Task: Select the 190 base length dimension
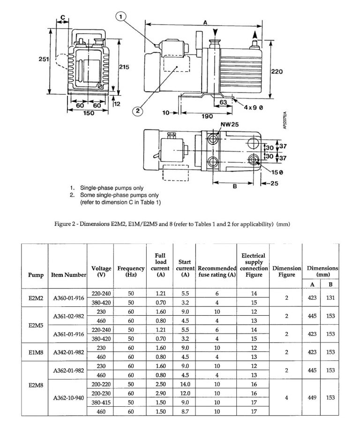(x=207, y=116)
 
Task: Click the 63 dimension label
(x=223, y=102)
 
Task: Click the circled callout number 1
(x=120, y=17)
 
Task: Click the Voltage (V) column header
(x=101, y=272)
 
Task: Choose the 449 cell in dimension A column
(x=314, y=398)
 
